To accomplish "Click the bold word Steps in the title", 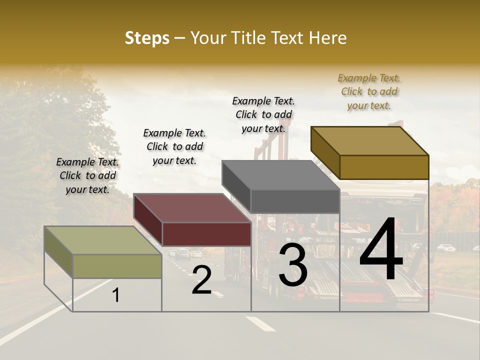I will tap(147, 38).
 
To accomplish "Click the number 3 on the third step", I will tap(293, 266).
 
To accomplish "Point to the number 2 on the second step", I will tap(201, 280).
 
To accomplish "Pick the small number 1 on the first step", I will tap(116, 295).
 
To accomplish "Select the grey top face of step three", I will tap(280, 175).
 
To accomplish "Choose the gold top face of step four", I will tap(369, 140).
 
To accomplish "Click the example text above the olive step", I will tap(87, 175).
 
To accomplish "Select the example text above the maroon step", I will tap(174, 146).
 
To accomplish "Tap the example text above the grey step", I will tap(263, 114).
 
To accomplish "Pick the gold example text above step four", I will tap(369, 91).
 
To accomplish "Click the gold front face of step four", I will tap(384, 167).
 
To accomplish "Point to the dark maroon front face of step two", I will tap(206, 234).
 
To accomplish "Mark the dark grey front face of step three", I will tap(295, 201).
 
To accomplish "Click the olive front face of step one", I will tap(117, 266).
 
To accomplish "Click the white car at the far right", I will tap(445, 247).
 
